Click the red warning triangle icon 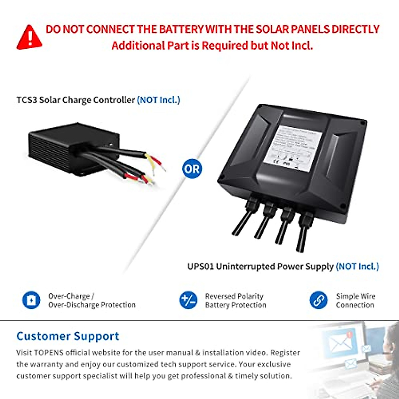29,38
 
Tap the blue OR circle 192,169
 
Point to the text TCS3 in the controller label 27,100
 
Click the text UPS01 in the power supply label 200,267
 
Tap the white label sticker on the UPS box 293,146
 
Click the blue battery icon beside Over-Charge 31,300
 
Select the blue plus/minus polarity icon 188,300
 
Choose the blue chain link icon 318,300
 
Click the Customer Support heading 68,336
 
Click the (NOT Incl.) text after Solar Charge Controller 158,100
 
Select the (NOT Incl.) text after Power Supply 357,267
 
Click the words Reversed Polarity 234,296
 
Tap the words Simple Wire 355,296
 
